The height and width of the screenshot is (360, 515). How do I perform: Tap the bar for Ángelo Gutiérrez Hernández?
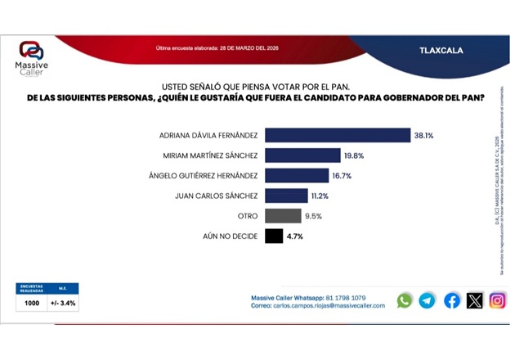click(297, 175)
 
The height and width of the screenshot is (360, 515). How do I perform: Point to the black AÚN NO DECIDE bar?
click(274, 236)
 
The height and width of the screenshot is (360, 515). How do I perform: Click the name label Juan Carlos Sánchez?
click(217, 196)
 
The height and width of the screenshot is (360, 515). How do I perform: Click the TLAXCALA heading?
click(441, 50)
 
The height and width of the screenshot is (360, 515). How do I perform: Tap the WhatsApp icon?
click(405, 300)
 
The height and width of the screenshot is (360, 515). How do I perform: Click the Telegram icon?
click(428, 300)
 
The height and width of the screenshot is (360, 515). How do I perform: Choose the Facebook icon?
click(452, 300)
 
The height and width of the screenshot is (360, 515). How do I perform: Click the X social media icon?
click(475, 300)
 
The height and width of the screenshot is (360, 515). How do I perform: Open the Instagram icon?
click(497, 300)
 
